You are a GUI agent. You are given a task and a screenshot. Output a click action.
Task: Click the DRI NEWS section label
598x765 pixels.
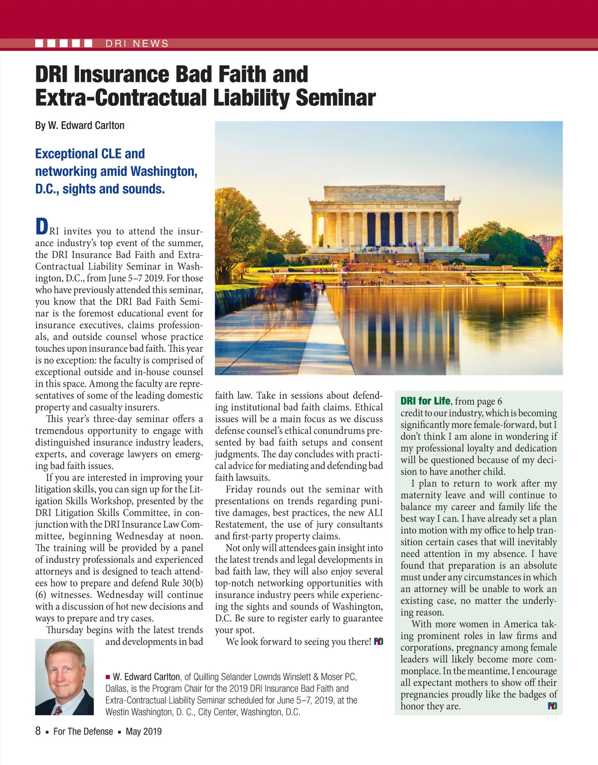click(x=137, y=44)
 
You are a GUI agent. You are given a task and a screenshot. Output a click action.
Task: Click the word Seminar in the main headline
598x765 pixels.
click(x=335, y=98)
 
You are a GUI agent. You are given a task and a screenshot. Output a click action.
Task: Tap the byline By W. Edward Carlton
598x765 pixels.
click(x=80, y=126)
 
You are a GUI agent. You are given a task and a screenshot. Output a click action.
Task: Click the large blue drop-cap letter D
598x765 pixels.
click(x=42, y=227)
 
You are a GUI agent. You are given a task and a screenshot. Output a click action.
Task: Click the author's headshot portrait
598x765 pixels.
click(x=64, y=677)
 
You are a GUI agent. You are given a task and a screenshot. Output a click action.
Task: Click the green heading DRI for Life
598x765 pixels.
click(x=425, y=401)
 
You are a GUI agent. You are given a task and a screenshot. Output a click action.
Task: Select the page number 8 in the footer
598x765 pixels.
click(x=38, y=731)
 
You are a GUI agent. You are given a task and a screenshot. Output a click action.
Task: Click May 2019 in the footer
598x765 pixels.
click(x=144, y=732)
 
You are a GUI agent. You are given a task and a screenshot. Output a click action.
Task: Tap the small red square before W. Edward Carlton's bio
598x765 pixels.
click(x=108, y=677)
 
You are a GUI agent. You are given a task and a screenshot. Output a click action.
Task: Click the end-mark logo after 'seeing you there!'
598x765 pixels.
click(x=379, y=642)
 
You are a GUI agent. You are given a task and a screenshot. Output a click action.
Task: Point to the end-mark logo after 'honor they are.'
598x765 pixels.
click(x=552, y=706)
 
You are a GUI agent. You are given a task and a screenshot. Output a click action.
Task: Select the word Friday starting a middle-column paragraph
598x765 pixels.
click(x=241, y=489)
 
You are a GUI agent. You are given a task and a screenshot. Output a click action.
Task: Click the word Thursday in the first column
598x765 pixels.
click(x=65, y=630)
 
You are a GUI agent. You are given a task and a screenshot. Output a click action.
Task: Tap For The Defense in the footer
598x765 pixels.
click(x=83, y=732)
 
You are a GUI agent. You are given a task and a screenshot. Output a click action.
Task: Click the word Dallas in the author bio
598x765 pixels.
click(x=117, y=689)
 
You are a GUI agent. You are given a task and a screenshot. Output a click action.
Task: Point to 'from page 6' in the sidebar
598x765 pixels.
click(x=478, y=402)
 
